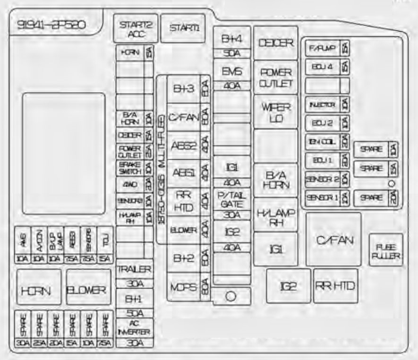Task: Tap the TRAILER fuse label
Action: click(x=134, y=269)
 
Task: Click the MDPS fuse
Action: click(x=183, y=287)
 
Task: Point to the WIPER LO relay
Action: click(x=276, y=112)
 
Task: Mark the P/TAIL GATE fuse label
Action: click(x=231, y=199)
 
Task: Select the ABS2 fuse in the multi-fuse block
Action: click(x=183, y=145)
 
